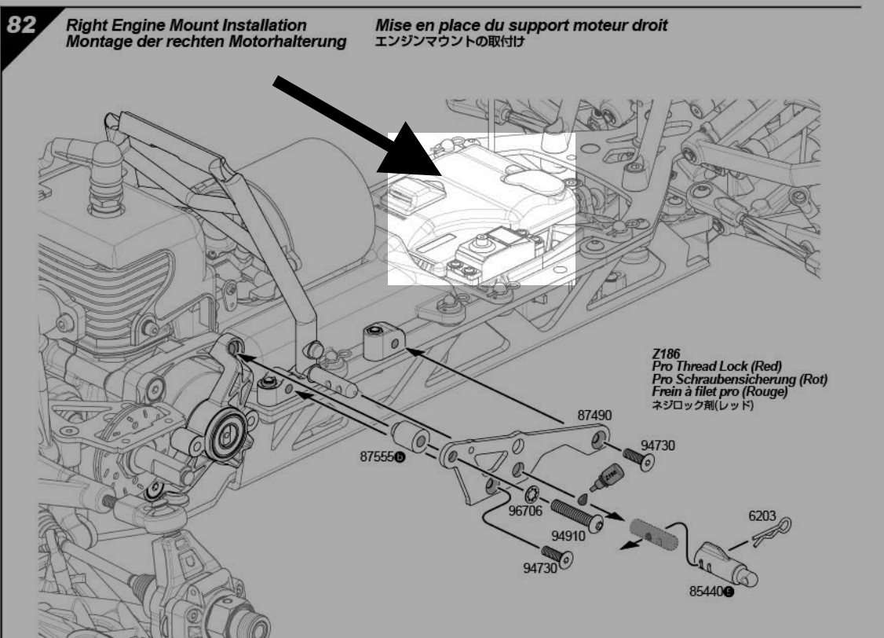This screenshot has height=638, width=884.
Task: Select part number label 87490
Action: coord(595,413)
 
